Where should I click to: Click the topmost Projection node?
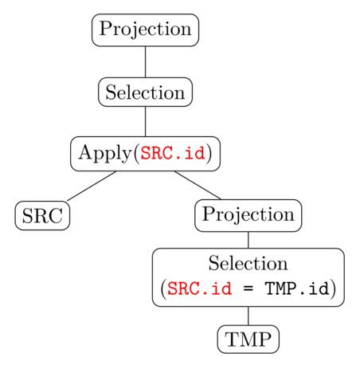[x=145, y=30]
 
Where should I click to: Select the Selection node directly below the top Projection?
[x=145, y=92]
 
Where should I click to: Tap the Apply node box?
[x=145, y=154]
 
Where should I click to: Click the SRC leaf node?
[x=42, y=215]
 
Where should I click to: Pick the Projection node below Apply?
[x=248, y=215]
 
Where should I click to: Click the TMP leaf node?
[x=248, y=340]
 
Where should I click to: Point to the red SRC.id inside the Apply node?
[x=173, y=153]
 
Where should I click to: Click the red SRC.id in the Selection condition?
[x=200, y=289]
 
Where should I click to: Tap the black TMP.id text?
[x=297, y=289]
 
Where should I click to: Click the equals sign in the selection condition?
[x=248, y=289]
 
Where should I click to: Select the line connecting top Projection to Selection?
[x=145, y=62]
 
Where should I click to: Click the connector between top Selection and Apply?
[x=145, y=122]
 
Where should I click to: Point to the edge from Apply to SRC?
[x=92, y=186]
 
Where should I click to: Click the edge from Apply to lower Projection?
[x=198, y=185]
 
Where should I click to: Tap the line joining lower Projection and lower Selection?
[x=248, y=240]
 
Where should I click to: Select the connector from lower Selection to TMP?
[x=248, y=316]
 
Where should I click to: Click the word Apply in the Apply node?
[x=105, y=154]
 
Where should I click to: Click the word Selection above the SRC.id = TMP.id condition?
[x=248, y=263]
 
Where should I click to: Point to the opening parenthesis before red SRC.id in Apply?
[x=136, y=153]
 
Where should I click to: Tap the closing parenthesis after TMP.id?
[x=333, y=289]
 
